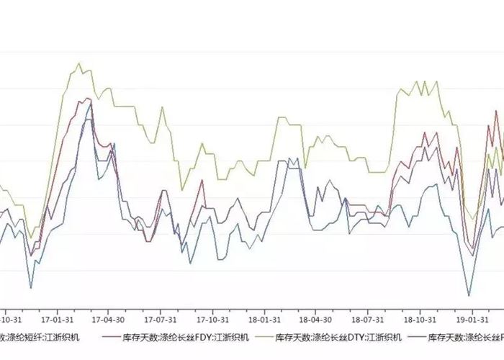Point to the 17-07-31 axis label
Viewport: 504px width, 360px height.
[x=161, y=318]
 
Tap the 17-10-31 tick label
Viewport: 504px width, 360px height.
[x=213, y=318]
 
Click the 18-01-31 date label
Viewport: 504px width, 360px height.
[x=265, y=318]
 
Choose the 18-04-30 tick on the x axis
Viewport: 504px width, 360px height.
[x=317, y=318]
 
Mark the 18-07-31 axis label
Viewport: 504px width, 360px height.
[x=369, y=318]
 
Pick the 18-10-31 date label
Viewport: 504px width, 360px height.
[x=420, y=318]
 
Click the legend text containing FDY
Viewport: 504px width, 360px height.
[x=186, y=337]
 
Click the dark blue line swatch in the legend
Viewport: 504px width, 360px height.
[x=418, y=337]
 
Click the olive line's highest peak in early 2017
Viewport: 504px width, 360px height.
[x=79, y=63]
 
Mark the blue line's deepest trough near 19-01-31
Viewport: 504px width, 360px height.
[x=469, y=295]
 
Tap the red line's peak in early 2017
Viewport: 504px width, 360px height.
[x=88, y=98]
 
